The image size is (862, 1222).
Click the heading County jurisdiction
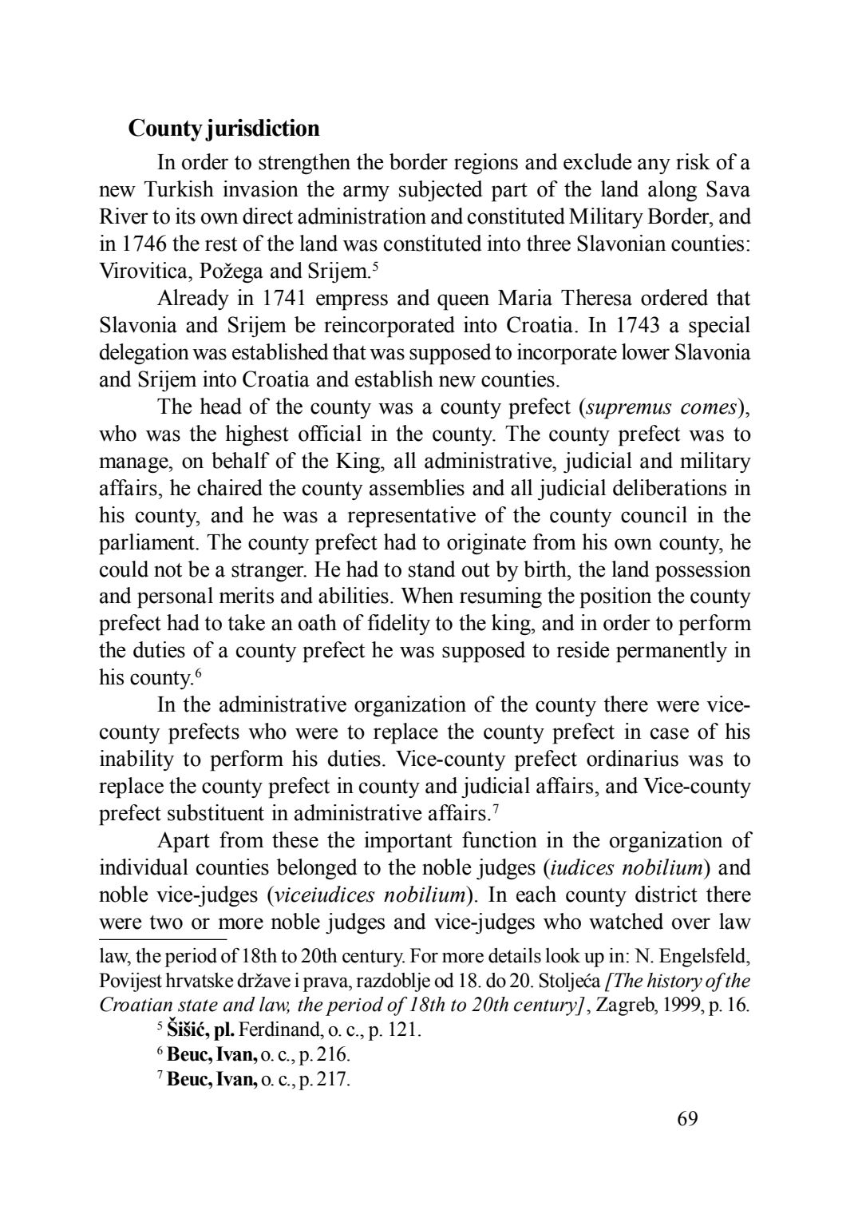223,129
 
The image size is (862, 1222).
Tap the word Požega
223,271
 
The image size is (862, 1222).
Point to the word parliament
148,543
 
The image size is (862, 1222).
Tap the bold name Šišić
189,1030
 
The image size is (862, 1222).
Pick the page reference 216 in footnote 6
335,1055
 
